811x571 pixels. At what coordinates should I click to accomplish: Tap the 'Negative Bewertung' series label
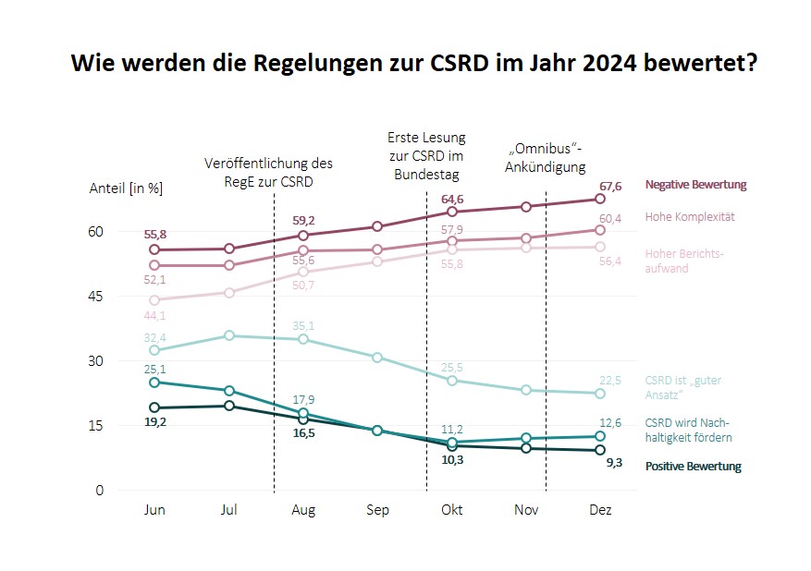[695, 185]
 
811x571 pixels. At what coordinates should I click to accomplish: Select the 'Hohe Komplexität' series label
[689, 217]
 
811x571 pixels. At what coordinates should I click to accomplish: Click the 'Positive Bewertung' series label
[693, 467]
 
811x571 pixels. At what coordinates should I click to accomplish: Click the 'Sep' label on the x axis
[377, 510]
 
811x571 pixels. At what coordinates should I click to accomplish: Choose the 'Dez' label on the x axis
[600, 510]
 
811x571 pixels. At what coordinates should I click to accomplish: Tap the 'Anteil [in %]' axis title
[126, 188]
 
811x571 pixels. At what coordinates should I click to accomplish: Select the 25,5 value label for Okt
[451, 367]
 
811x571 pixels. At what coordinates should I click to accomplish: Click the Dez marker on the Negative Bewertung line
[600, 199]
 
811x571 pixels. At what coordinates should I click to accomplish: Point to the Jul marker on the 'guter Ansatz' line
[229, 335]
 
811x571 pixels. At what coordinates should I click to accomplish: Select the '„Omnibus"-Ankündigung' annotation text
[547, 158]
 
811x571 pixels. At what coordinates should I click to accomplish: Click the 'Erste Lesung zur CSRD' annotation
[425, 155]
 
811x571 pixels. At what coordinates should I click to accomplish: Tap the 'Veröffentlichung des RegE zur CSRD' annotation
[268, 172]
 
